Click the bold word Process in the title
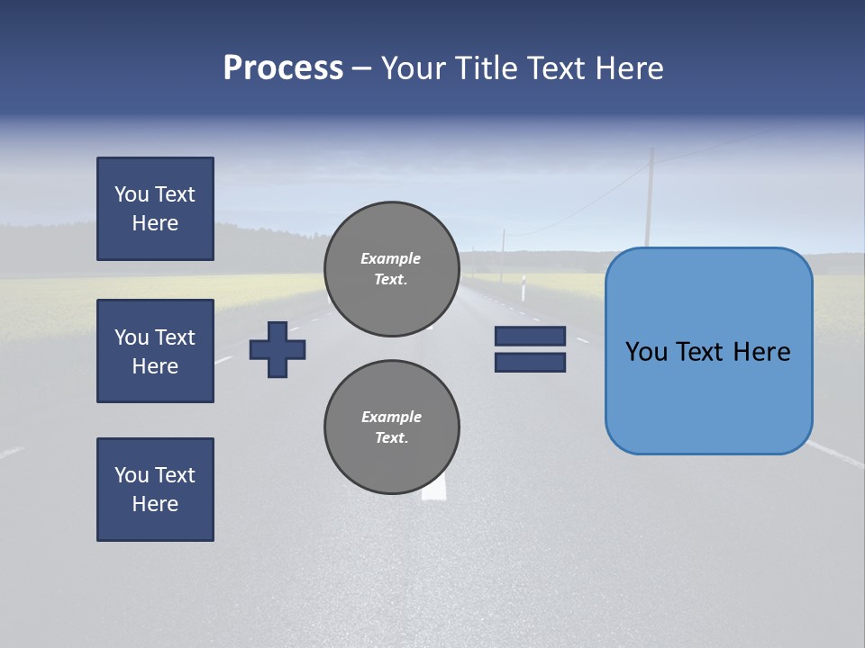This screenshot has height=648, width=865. click(283, 67)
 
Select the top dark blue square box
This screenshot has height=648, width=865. click(155, 209)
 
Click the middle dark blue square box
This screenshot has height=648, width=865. click(155, 351)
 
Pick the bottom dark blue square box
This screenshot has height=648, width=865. click(155, 490)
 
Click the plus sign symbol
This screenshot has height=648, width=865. click(278, 349)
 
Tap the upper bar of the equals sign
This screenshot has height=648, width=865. click(530, 337)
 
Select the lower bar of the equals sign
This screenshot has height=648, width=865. click(530, 362)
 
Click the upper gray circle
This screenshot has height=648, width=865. click(391, 269)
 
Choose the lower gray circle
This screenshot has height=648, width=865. click(391, 427)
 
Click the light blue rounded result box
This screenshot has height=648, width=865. click(708, 351)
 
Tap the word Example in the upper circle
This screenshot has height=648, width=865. click(391, 258)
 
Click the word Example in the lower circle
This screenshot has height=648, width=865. click(391, 417)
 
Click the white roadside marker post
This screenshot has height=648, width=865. click(522, 289)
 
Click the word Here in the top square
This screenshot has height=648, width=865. click(155, 223)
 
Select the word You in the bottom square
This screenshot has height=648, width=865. click(132, 474)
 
